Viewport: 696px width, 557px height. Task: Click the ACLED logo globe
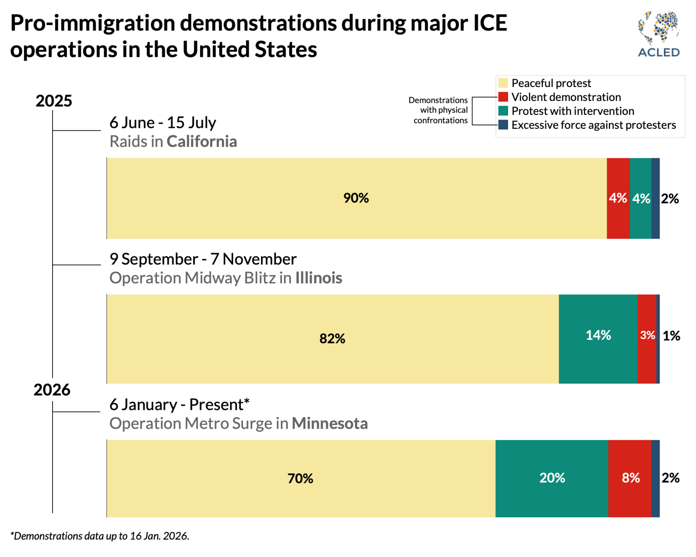[x=659, y=27]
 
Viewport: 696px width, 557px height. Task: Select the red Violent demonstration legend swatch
[x=503, y=97]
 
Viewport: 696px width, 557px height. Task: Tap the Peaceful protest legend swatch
[x=503, y=83]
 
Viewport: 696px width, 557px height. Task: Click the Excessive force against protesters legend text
[x=594, y=125]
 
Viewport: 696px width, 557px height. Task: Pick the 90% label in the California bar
[x=356, y=198]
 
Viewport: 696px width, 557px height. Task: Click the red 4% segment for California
[x=618, y=198]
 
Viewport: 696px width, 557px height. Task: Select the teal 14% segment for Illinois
[x=598, y=335]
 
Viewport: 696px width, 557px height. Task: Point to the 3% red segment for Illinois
[x=647, y=335]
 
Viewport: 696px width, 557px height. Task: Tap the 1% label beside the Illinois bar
[x=672, y=336]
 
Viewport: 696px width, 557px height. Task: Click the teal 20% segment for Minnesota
[x=552, y=478]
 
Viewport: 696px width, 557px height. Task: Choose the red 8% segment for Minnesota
[x=630, y=478]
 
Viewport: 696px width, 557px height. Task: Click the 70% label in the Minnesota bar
[x=300, y=478]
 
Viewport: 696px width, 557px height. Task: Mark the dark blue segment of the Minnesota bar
[x=655, y=478]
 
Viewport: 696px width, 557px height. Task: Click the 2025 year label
[x=54, y=101]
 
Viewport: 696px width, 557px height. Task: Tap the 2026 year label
[x=52, y=390]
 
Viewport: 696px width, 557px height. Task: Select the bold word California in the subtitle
[x=202, y=142]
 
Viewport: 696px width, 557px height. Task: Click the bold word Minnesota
[x=329, y=424]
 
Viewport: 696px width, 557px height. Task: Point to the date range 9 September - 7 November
[x=203, y=259]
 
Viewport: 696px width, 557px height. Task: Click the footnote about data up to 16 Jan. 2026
[x=100, y=536]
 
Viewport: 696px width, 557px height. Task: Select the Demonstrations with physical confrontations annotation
[x=439, y=110]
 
